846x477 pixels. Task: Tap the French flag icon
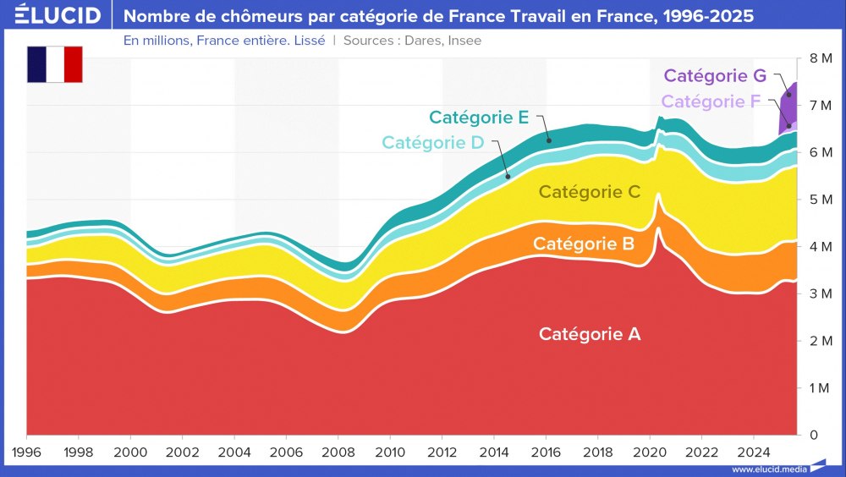(55, 65)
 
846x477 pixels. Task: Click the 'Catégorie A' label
(590, 334)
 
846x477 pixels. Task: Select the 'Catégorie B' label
(584, 244)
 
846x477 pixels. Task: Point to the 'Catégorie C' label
(590, 192)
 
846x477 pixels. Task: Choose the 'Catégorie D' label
(432, 142)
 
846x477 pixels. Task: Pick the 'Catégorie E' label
(479, 118)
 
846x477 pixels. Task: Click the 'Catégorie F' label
(711, 101)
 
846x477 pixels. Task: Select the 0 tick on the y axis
(813, 435)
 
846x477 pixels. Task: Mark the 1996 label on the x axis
(27, 452)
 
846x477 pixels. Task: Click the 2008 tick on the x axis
(338, 452)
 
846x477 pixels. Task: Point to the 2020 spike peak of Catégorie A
(658, 228)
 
